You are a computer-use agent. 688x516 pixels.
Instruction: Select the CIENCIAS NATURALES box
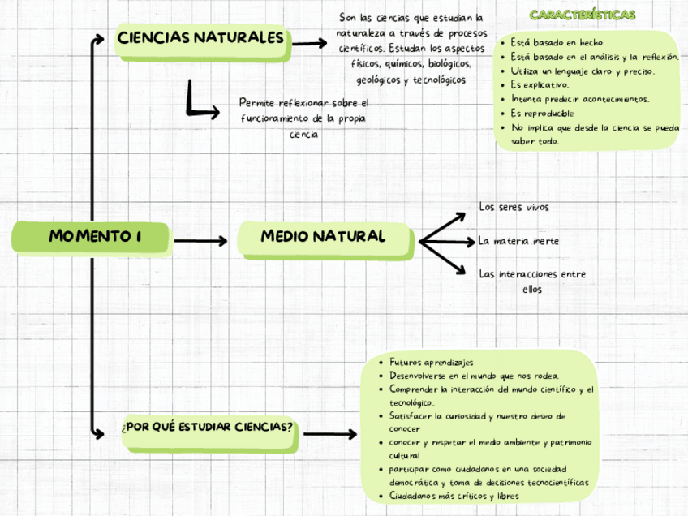tap(200, 39)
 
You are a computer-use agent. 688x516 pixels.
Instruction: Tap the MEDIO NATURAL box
tap(323, 238)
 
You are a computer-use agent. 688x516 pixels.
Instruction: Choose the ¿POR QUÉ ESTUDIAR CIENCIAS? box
tap(208, 428)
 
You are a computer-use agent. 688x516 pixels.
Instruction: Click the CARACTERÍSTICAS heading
tap(582, 15)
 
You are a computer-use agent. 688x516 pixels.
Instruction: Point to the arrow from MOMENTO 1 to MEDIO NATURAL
tap(200, 241)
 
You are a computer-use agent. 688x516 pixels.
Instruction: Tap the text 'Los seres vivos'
tap(514, 208)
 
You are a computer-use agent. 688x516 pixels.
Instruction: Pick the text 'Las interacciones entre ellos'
tap(532, 282)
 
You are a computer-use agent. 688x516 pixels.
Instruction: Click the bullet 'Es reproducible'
tap(542, 113)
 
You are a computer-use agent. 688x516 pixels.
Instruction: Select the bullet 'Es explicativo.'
tap(540, 84)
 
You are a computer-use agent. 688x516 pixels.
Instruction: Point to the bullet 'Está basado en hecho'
tap(557, 42)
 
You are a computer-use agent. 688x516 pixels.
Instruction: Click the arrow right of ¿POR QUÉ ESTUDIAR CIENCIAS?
tap(329, 434)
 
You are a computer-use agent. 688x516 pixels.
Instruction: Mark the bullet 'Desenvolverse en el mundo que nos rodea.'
tap(474, 376)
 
